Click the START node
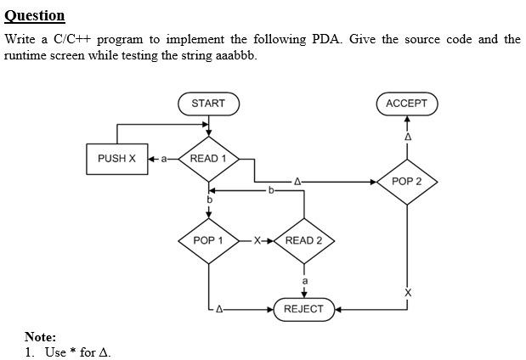click(208, 104)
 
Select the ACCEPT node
click(406, 104)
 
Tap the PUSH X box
click(116, 159)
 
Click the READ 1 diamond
click(208, 159)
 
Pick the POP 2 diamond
click(406, 182)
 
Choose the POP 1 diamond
click(208, 240)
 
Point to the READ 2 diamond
click(303, 240)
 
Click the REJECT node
click(303, 309)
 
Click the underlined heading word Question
click(35, 15)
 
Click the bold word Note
click(40, 337)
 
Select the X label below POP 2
click(407, 293)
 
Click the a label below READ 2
click(304, 281)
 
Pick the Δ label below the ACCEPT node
click(407, 137)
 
